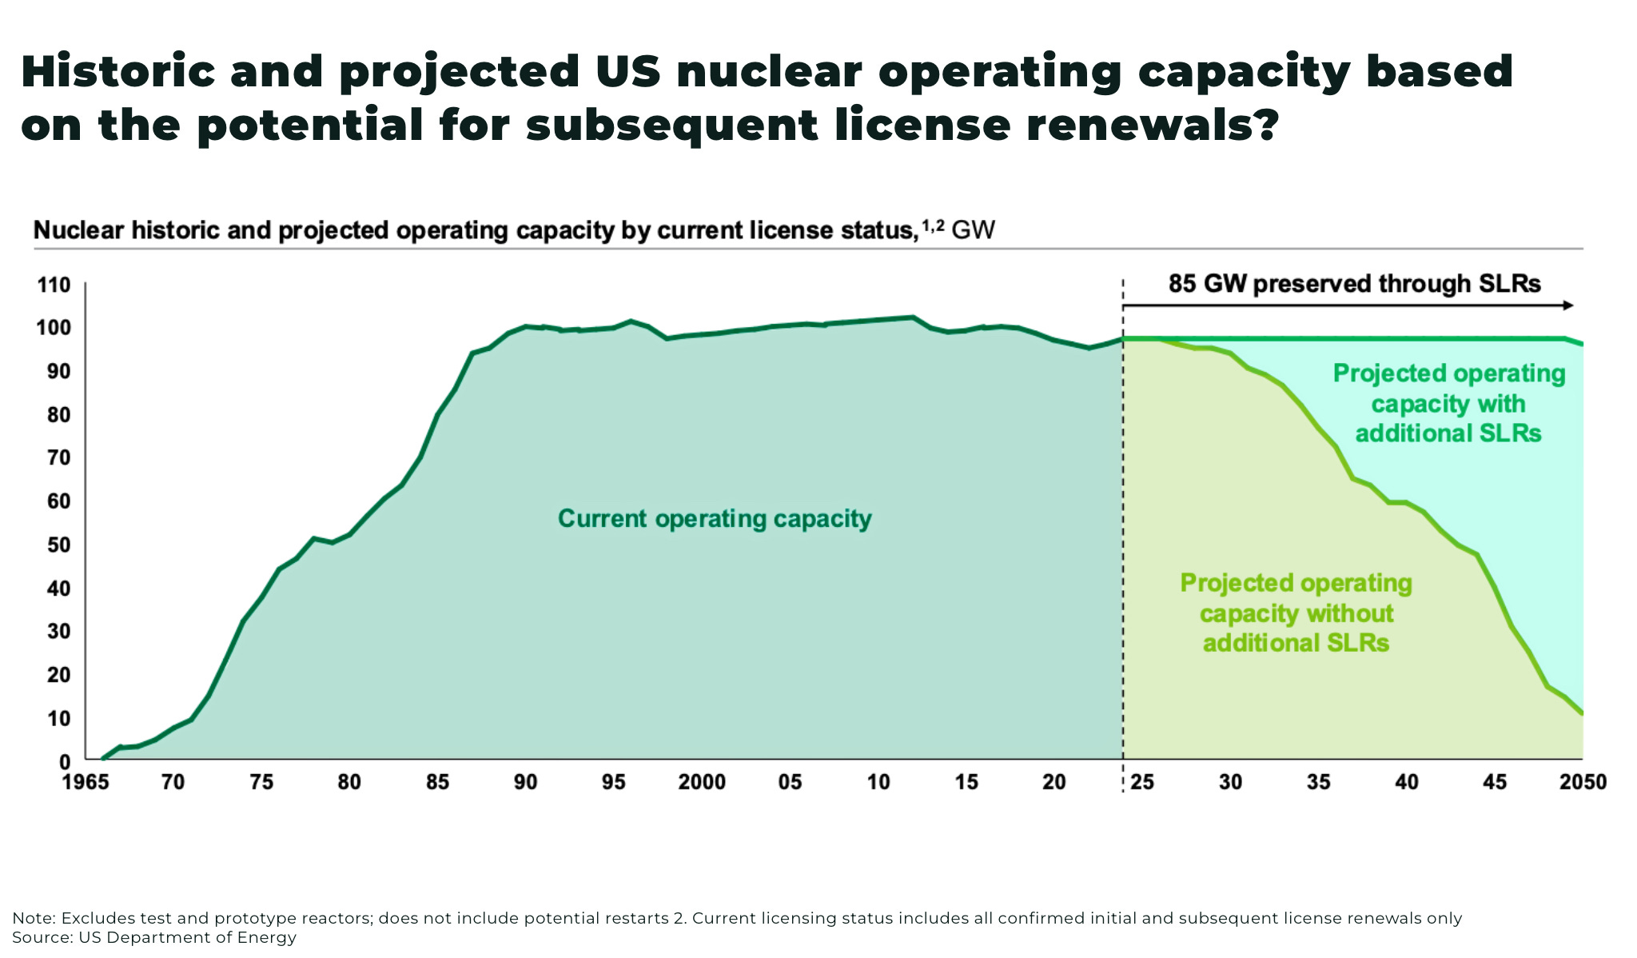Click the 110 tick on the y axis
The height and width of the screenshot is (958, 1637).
click(54, 285)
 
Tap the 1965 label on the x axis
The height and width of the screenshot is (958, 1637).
click(85, 782)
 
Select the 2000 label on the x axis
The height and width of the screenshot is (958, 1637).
click(701, 782)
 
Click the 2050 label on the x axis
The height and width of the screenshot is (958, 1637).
click(1582, 782)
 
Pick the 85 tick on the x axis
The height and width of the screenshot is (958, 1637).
click(437, 782)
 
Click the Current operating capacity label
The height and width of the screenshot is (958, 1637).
click(714, 519)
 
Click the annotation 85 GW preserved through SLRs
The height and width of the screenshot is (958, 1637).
click(1354, 284)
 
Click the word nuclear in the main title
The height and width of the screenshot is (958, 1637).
click(768, 72)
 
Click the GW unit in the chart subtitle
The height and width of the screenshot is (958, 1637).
click(973, 230)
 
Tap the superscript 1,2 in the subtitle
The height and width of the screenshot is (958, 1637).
click(933, 226)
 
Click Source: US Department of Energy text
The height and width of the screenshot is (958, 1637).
click(154, 937)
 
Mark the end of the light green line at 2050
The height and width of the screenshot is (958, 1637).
click(1582, 713)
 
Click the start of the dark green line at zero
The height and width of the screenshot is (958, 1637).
click(103, 758)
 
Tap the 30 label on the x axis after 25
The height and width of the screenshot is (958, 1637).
click(1230, 782)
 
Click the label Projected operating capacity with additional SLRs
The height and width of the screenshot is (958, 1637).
click(1448, 403)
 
